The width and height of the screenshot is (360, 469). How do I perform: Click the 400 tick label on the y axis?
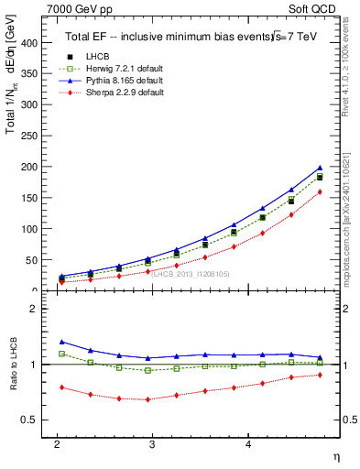[28, 42]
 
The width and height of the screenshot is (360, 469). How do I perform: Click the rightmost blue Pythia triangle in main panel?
[320, 168]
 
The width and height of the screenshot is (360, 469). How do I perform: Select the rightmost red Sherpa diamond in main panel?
[320, 191]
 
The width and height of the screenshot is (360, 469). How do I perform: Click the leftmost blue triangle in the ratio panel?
[61, 342]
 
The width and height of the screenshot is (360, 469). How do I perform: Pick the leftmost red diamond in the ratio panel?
[61, 387]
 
